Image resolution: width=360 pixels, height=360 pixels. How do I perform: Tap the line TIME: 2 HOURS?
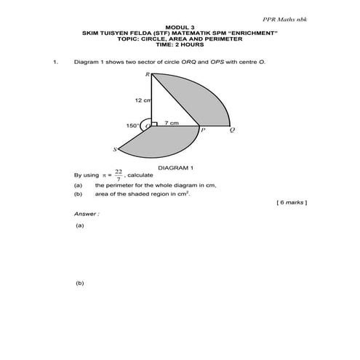coord(180,44)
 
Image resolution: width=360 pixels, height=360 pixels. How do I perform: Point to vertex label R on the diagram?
coord(146,75)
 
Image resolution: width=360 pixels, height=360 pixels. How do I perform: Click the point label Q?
coord(231,131)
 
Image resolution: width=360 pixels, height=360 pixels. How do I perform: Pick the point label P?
coord(203,131)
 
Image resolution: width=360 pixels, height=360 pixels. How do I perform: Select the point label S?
coord(115,151)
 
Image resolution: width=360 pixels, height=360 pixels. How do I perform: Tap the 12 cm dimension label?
coord(142,100)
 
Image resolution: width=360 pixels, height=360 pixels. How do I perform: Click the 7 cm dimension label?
coord(172,123)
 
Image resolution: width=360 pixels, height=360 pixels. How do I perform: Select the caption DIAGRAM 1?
coord(175,167)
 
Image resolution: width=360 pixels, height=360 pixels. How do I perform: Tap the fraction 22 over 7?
coord(118,175)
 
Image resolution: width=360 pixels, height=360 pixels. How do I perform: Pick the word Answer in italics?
coord(86,214)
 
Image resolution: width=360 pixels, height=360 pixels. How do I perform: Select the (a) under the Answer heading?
coord(79,226)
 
